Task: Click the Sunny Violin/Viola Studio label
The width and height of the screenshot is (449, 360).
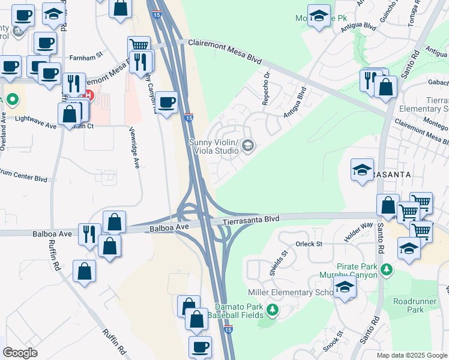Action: [214, 146]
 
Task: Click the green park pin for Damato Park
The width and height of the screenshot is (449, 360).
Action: [273, 310]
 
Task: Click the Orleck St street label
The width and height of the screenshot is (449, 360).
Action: [309, 244]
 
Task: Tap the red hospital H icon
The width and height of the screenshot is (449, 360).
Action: [89, 94]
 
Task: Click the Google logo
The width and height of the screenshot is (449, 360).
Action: [20, 353]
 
